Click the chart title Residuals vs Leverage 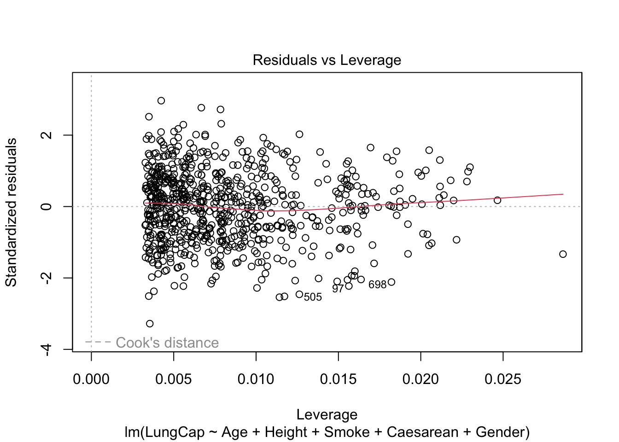click(327, 60)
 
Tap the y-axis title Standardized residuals click(11, 212)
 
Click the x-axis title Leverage click(327, 414)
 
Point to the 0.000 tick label click(91, 379)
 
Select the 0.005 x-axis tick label click(174, 379)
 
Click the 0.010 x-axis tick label click(256, 379)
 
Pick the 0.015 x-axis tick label click(338, 379)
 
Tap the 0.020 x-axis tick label click(420, 379)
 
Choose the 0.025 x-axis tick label click(503, 379)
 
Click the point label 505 click(313, 297)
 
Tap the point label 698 click(377, 285)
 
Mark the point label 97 click(338, 289)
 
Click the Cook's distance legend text click(167, 343)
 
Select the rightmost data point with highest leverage click(563, 254)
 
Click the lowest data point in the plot click(150, 324)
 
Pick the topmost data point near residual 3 click(161, 100)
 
